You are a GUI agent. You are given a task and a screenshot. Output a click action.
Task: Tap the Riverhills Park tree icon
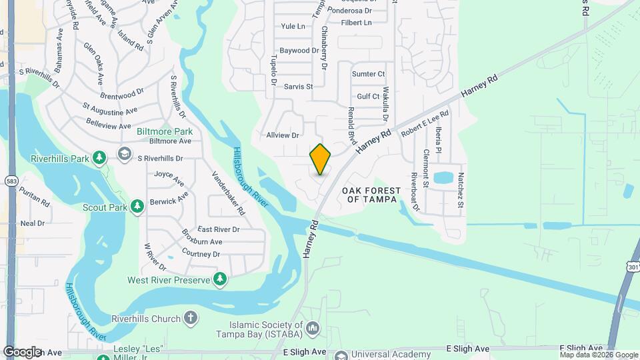[x=99, y=158]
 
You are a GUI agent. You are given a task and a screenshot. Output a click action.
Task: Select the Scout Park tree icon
[x=137, y=207]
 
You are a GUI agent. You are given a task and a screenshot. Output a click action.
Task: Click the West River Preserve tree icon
[x=220, y=279]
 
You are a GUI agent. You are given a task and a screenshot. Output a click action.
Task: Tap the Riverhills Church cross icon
[x=191, y=318]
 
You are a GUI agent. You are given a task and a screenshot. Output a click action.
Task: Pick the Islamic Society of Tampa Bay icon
[x=313, y=327]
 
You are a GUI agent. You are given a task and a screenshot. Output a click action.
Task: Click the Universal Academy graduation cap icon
[x=341, y=355]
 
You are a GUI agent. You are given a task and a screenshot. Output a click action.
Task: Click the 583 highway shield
[x=11, y=181]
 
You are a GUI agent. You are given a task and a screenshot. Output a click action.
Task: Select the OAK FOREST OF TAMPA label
[x=371, y=195]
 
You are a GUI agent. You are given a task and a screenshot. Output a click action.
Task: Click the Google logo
[x=22, y=351]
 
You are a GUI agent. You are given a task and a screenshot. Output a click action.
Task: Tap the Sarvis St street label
[x=298, y=87]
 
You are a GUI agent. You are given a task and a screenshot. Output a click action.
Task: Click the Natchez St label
[x=460, y=191]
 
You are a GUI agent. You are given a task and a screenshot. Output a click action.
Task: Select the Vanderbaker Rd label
[x=229, y=193]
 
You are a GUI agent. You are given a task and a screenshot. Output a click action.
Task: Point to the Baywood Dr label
[x=299, y=51]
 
